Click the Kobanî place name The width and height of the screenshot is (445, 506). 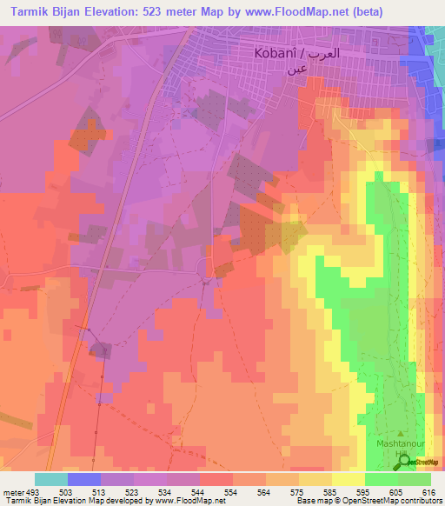(275, 53)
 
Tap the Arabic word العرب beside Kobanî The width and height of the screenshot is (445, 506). (340, 53)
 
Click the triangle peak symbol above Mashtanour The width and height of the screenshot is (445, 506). (400, 432)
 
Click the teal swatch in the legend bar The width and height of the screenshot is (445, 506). (51, 479)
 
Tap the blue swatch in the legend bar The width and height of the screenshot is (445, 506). (84, 479)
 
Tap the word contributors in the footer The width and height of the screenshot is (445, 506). (418, 501)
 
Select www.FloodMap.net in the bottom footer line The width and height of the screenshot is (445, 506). (186, 501)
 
